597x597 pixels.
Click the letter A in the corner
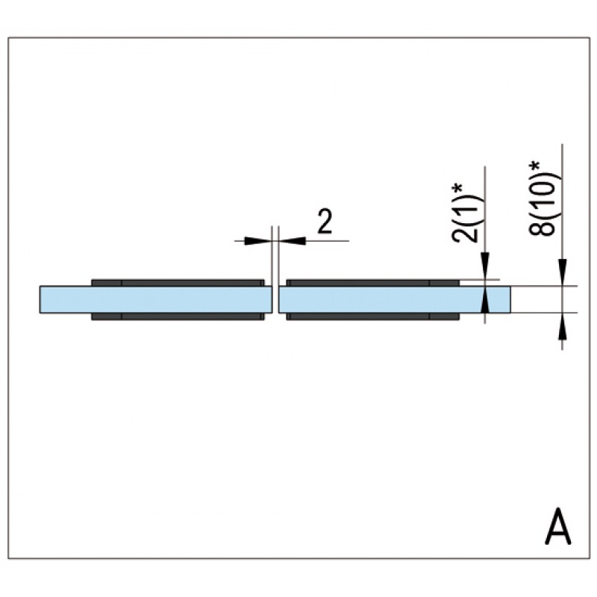(558, 526)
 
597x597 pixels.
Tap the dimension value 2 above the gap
(325, 221)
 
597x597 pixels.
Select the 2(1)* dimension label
(463, 213)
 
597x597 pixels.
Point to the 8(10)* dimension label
(540, 199)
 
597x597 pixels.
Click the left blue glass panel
(156, 299)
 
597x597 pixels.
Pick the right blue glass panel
(395, 299)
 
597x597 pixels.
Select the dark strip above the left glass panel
(178, 283)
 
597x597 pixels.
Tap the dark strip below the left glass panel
(178, 316)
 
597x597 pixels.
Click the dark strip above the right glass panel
(372, 283)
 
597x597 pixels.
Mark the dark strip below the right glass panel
(372, 316)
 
